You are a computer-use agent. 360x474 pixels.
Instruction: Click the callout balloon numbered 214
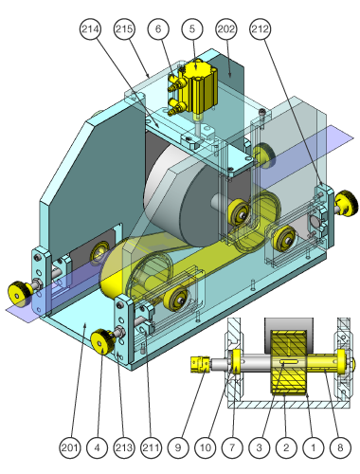click(90, 29)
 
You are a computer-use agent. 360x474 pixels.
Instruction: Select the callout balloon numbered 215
click(124, 29)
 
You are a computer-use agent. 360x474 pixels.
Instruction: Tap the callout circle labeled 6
click(158, 29)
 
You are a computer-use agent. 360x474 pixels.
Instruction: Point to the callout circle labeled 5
click(192, 29)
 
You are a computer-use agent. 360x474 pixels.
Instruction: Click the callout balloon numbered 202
click(226, 29)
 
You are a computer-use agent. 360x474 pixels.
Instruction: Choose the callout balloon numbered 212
click(261, 29)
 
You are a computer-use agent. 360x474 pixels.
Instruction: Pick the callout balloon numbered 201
click(70, 447)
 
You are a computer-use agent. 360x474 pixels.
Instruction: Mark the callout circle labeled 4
click(97, 447)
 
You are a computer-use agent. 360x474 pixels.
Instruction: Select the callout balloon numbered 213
click(124, 447)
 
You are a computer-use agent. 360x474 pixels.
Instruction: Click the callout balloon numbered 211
click(152, 447)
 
